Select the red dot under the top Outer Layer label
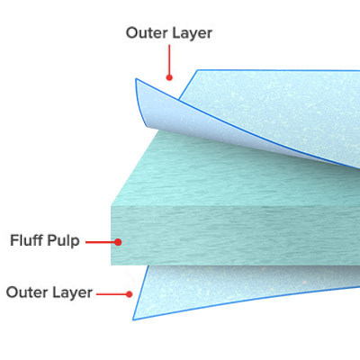[x=169, y=77]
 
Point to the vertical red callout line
[x=169, y=59]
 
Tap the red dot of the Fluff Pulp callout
[x=118, y=242]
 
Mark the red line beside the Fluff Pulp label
[x=100, y=242]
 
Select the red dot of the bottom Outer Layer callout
[x=129, y=294]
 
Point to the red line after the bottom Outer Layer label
[x=112, y=294]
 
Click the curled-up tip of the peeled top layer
[x=136, y=79]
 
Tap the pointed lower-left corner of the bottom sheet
[x=133, y=319]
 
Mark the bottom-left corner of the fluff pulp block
[x=111, y=265]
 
